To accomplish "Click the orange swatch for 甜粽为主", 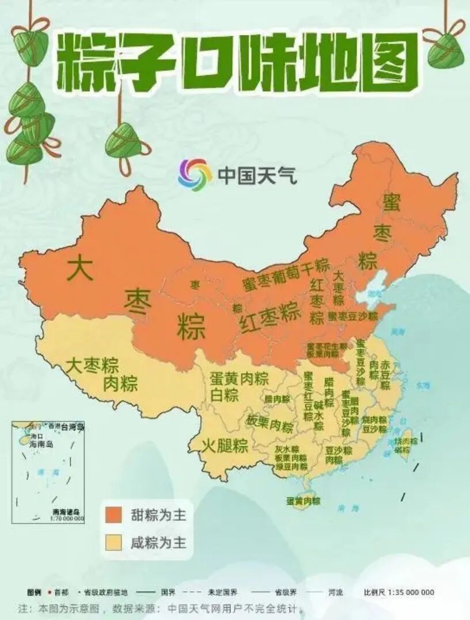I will point(113,514).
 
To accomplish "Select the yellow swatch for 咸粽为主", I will point(113,542).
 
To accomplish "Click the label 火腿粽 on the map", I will point(225,446).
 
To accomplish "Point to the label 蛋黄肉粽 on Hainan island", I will point(303,501).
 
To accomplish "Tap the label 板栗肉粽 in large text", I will point(270,425).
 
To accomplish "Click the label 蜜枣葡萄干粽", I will point(286,276).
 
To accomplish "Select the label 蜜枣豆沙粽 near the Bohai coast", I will point(352,316).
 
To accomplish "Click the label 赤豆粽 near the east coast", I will point(384,375).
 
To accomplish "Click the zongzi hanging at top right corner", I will point(445,46).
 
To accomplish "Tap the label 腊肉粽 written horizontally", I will point(277,399).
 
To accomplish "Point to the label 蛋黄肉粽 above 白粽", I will point(239,379).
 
